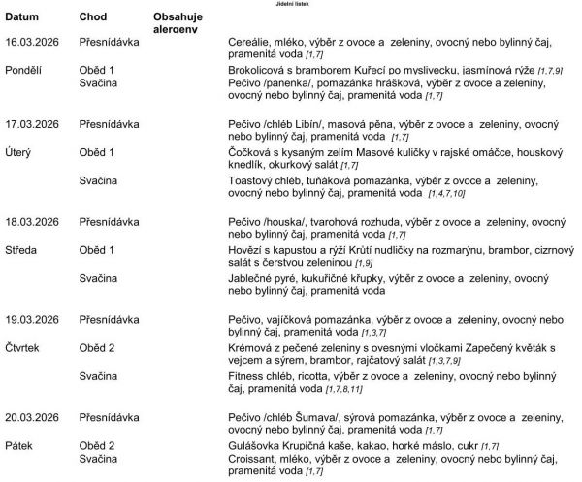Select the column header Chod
94,18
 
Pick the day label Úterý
21,153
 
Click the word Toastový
254,181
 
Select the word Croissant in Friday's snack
254,459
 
